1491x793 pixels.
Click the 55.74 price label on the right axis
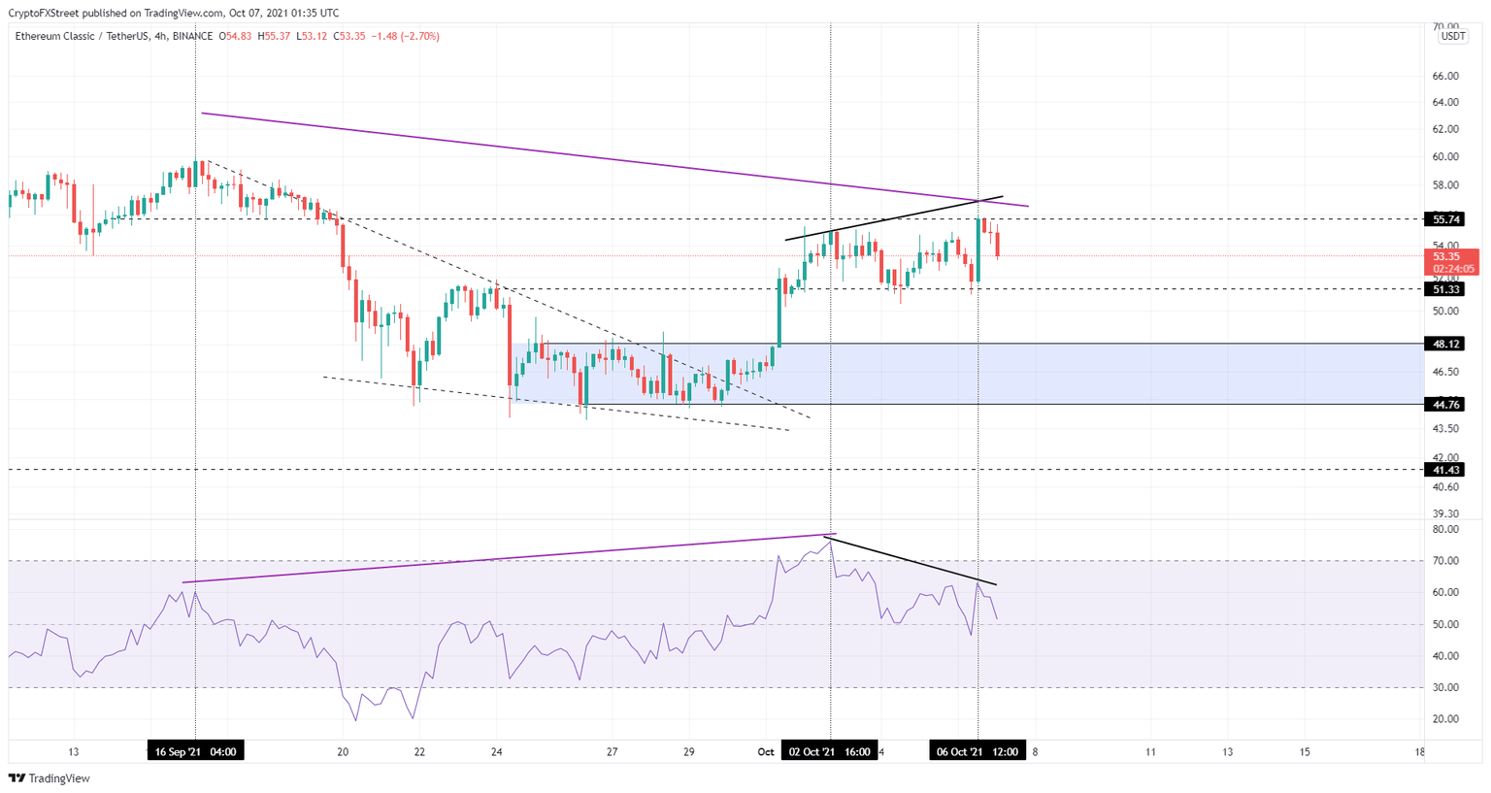pos(1446,219)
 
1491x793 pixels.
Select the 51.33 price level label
pos(1446,289)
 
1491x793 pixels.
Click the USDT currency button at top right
pos(1452,37)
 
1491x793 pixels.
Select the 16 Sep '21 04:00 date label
pos(195,751)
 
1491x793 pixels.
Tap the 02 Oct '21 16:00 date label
pos(830,751)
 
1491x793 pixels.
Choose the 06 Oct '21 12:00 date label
pos(977,751)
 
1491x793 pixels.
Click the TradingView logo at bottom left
pos(50,778)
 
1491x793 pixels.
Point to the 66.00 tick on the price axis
pos(1445,76)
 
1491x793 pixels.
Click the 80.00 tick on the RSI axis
pos(1445,530)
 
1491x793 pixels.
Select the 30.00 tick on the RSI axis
pos(1445,687)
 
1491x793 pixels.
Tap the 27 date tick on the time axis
pos(612,751)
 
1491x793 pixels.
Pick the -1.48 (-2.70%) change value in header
pos(405,37)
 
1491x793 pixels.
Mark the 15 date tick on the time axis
pos(1305,751)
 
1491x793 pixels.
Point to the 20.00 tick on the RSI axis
pos(1445,719)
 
